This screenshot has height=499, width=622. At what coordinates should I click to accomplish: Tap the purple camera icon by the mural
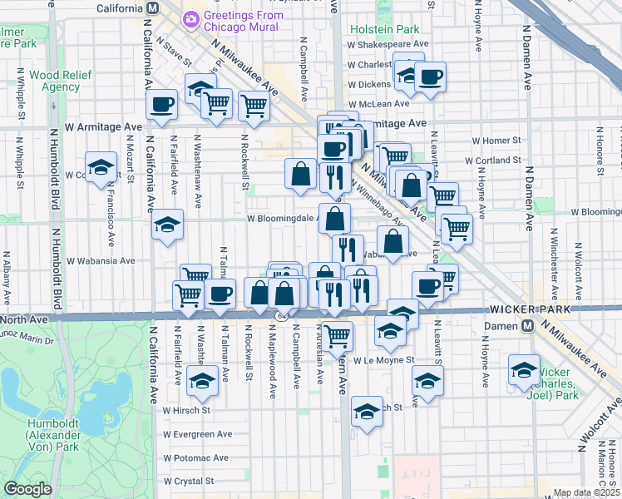(191, 17)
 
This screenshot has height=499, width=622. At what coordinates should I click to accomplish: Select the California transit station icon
(152, 8)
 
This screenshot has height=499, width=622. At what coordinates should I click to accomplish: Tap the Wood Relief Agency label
(54, 81)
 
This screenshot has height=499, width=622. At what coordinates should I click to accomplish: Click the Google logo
(27, 489)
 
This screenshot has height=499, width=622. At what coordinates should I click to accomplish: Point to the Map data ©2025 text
(585, 492)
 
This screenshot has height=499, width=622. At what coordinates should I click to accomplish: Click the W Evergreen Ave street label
(197, 434)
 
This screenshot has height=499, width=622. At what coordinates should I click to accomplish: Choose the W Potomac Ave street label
(195, 457)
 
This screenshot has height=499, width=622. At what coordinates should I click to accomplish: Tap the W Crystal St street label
(189, 481)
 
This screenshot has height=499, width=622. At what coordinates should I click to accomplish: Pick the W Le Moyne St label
(383, 360)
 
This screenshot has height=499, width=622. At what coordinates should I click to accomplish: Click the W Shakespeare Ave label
(388, 44)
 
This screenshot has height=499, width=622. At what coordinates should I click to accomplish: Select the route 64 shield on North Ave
(282, 315)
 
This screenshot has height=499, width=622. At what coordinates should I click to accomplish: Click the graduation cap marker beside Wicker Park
(524, 368)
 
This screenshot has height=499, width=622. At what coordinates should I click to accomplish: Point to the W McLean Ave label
(379, 104)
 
